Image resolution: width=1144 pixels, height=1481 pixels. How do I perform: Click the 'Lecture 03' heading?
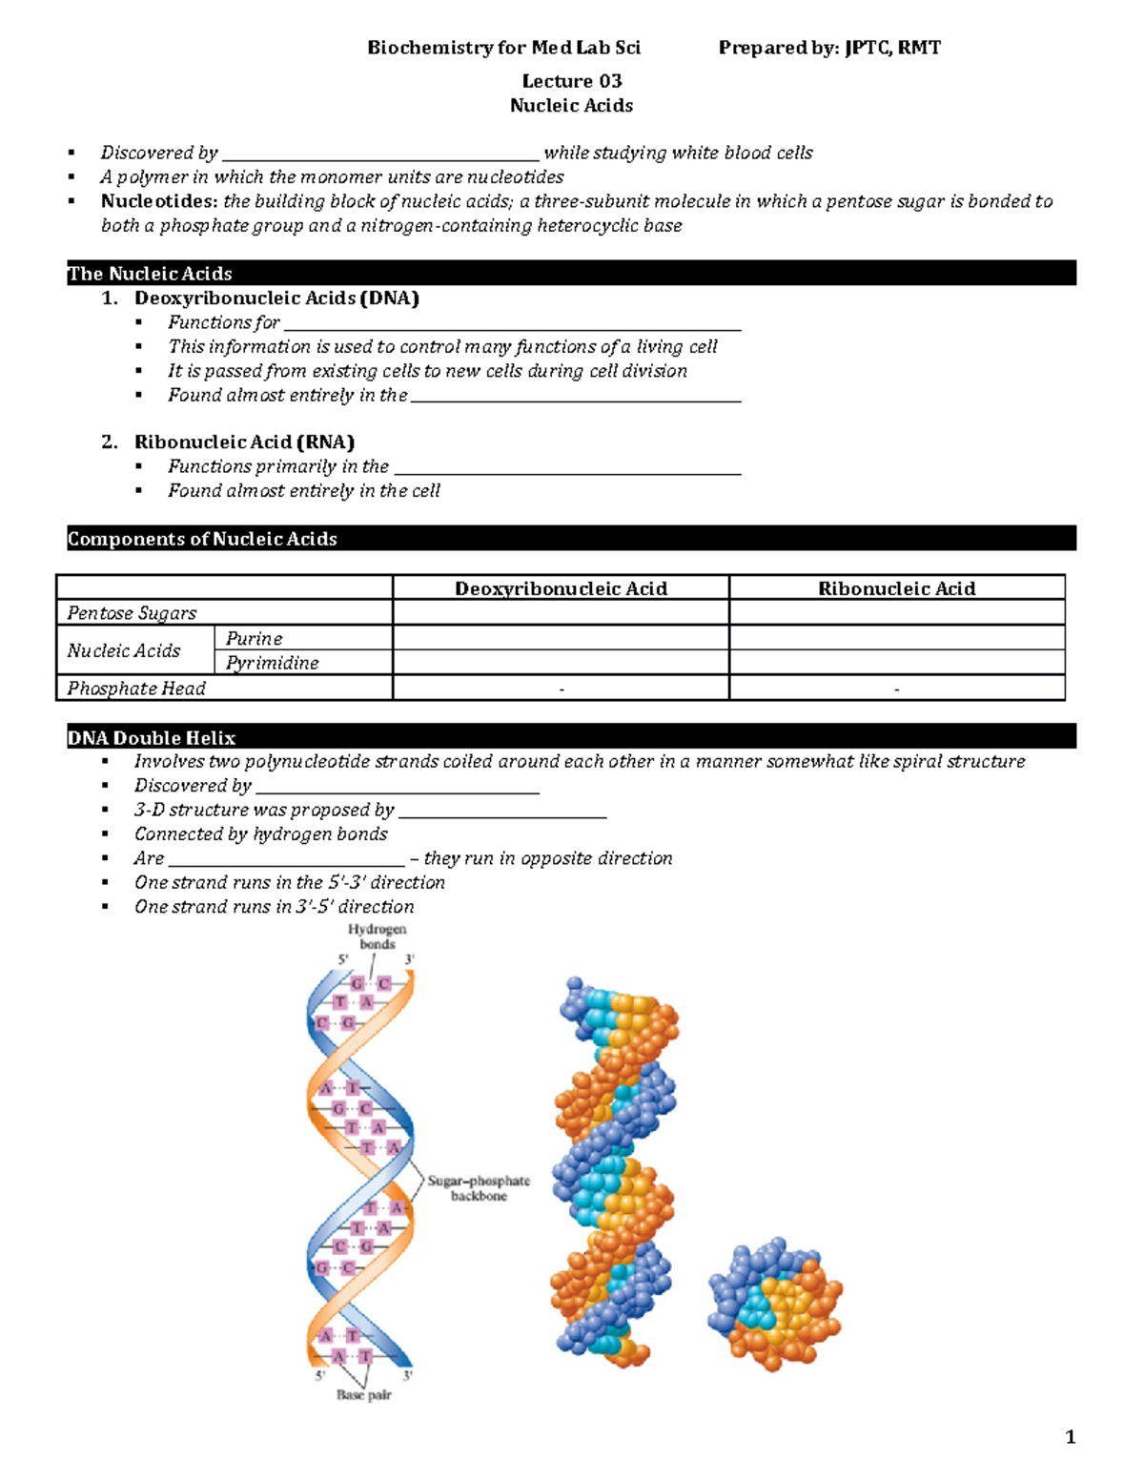(x=571, y=81)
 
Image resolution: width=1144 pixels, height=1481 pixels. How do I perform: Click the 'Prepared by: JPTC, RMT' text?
(x=828, y=48)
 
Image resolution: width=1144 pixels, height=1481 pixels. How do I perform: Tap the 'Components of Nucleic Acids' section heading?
(x=202, y=539)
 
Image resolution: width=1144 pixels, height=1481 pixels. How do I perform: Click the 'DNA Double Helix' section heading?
(x=152, y=737)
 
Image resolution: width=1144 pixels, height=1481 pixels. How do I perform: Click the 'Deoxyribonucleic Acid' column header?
(x=561, y=588)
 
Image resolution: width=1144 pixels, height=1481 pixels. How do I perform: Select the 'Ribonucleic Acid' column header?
(x=896, y=588)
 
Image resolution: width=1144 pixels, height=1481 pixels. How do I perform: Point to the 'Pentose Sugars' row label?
(x=132, y=613)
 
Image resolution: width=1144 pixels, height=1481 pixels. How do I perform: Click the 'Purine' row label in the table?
(x=254, y=638)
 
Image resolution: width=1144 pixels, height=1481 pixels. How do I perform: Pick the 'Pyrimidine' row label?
(x=272, y=663)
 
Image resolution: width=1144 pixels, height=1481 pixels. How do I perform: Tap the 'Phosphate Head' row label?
(x=136, y=688)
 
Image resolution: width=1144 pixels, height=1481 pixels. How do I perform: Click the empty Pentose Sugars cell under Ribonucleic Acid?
(x=896, y=612)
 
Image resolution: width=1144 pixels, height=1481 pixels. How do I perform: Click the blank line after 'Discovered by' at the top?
(x=379, y=154)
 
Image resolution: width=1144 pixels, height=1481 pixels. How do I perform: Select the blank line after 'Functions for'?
(x=512, y=324)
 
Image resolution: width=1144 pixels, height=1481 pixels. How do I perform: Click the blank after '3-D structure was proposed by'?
(x=502, y=812)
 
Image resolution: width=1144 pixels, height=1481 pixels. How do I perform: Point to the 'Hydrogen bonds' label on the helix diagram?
(x=377, y=936)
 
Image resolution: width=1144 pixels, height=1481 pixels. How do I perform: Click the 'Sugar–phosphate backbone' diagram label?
(x=479, y=1188)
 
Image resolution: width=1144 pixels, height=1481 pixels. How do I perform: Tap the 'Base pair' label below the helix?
(x=363, y=1394)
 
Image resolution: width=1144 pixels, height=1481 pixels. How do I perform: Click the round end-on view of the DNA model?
(x=774, y=1305)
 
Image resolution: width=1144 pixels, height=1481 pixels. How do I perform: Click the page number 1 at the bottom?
(x=1070, y=1437)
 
